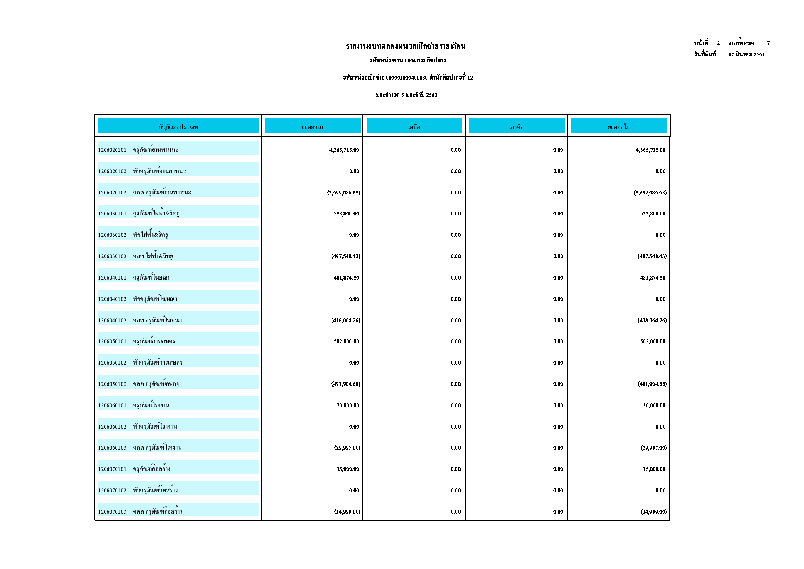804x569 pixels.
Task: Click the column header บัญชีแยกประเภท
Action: coord(178,127)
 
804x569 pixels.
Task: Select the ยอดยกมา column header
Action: coord(312,127)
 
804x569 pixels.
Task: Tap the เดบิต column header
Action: coord(414,127)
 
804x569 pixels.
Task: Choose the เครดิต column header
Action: coord(516,127)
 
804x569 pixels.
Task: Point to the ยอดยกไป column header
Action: coord(619,127)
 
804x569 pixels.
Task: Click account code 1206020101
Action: coord(112,150)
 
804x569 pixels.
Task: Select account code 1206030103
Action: coord(112,256)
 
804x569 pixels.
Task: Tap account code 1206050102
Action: coord(112,363)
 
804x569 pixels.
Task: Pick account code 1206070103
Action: coord(112,512)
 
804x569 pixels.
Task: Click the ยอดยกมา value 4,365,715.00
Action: coord(344,150)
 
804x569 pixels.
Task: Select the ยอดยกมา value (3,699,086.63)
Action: coord(344,193)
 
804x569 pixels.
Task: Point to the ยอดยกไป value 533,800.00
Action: coord(652,214)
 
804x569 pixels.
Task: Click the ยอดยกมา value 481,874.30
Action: coord(346,278)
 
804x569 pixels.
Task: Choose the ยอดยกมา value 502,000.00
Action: coord(346,341)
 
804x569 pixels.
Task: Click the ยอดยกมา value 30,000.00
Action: coord(348,405)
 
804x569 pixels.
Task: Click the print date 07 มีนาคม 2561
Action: coord(747,55)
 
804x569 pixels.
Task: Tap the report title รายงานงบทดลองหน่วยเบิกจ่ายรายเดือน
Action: coord(405,46)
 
